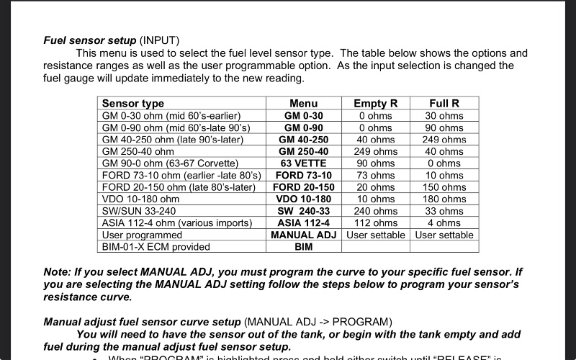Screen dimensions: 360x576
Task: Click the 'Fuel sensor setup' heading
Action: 90,40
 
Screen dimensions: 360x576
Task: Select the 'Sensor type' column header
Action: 133,104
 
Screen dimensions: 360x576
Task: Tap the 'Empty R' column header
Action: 376,104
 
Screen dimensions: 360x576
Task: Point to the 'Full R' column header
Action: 444,104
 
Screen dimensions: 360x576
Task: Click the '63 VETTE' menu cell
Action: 303,163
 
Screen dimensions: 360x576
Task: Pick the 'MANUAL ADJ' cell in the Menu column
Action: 303,235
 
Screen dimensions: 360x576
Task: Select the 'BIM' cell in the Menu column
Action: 303,247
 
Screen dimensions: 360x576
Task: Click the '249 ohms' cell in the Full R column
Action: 444,140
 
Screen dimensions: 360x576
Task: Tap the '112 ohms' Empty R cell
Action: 376,223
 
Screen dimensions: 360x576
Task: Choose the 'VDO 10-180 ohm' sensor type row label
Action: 141,199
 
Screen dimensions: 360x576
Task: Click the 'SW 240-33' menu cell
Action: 303,211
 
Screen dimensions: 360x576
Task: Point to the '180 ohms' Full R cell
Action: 444,199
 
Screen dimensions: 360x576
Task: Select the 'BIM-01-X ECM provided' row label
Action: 156,247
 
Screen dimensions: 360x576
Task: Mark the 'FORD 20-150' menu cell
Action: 303,187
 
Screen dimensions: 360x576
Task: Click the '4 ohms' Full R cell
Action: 444,223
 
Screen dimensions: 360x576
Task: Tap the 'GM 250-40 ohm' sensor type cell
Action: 138,152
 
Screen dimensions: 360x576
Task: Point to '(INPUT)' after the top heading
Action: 159,40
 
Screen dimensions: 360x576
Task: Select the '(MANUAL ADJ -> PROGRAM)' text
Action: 318,321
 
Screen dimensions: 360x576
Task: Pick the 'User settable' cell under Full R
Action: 444,235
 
